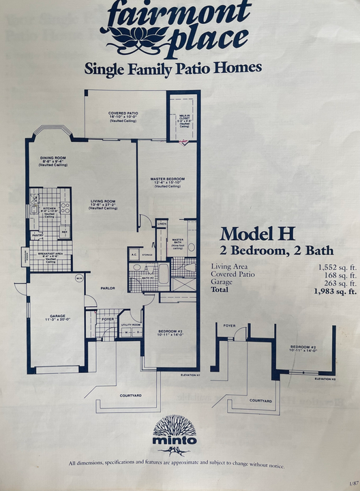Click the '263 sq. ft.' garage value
[339, 283]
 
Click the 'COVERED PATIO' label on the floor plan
[124, 113]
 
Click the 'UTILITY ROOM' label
[130, 325]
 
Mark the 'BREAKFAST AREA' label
[50, 254]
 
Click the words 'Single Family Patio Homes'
[172, 68]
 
